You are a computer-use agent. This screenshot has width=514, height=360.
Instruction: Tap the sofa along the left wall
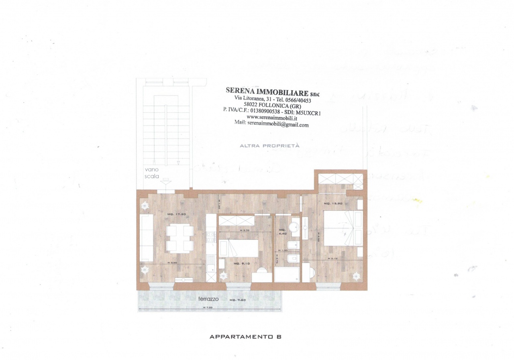[146, 237]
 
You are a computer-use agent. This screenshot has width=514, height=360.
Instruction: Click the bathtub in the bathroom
[287, 275]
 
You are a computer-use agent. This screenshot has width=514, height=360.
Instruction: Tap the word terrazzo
[208, 299]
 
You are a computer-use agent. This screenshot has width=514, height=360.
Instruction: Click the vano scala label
[152, 173]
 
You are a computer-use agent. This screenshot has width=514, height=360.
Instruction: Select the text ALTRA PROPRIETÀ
[269, 146]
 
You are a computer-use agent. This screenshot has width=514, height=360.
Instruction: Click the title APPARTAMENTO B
[245, 337]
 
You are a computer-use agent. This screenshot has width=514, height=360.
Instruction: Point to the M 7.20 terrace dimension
[207, 307]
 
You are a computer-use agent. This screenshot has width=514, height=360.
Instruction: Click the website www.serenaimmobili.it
[272, 118]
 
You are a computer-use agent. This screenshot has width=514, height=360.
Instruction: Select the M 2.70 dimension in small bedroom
[245, 230]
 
